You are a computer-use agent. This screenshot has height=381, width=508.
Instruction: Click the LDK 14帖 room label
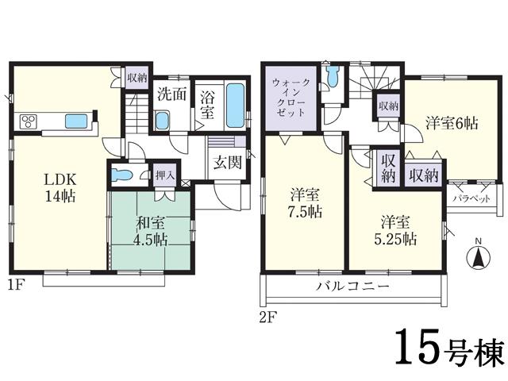60,184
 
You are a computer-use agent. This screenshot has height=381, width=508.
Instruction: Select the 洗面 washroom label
171,93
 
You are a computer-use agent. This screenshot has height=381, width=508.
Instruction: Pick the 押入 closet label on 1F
164,174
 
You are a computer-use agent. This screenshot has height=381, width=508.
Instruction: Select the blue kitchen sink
77,121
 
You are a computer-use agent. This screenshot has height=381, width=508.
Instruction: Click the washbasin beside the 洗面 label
162,120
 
